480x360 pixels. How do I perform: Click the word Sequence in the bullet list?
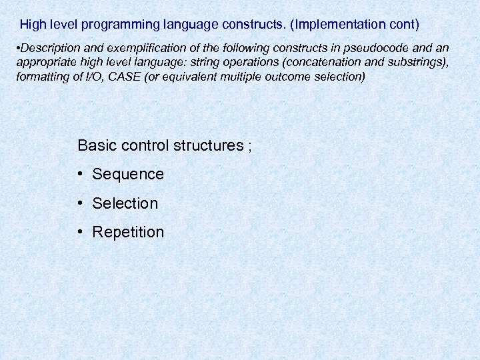128,175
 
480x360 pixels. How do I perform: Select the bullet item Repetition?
128,232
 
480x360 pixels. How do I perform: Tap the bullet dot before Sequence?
79,174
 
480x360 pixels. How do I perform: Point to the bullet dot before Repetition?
79,231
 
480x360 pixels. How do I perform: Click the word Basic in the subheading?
95,145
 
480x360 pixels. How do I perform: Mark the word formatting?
39,77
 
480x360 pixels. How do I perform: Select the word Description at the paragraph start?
48,49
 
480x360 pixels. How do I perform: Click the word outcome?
297,77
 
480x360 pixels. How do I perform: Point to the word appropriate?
45,63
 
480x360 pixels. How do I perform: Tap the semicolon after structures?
250,146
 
